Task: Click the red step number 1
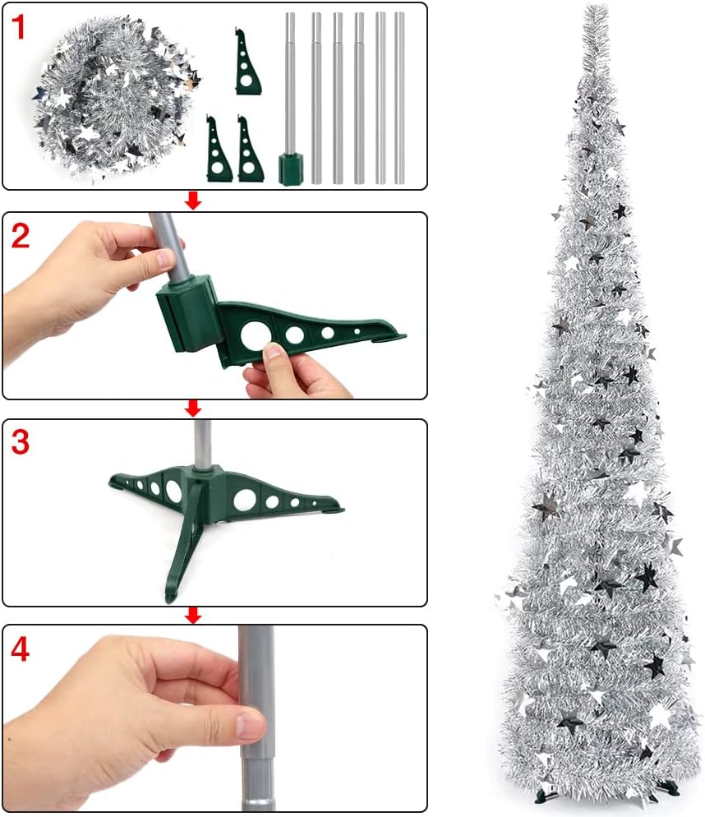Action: (x=18, y=28)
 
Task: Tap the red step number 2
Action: (x=20, y=236)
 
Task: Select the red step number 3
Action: (x=20, y=442)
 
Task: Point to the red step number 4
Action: (x=20, y=649)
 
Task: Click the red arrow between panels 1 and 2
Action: (x=193, y=201)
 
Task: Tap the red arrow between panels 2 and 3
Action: (x=193, y=408)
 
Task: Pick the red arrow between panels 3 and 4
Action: (x=193, y=615)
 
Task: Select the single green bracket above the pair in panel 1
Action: (x=247, y=62)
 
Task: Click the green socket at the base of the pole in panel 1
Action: (x=290, y=169)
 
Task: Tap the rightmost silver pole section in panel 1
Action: (x=399, y=98)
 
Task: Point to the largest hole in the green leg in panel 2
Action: (x=254, y=335)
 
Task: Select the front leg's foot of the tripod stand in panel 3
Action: (x=170, y=596)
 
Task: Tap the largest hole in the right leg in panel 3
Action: (x=243, y=500)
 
